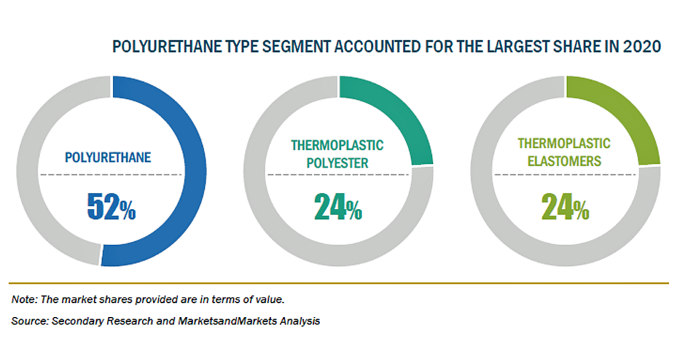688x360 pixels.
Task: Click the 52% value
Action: coord(112,206)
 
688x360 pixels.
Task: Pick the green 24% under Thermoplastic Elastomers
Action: coord(565,206)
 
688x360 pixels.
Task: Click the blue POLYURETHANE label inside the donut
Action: coord(108,157)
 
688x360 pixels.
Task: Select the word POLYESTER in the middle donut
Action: coord(337,163)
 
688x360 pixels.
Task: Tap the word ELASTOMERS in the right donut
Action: coord(564,161)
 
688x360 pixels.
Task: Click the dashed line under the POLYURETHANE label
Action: coord(111,175)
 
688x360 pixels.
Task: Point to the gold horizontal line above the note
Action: coord(339,283)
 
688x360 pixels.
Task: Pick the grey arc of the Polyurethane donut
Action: coord(27,171)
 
